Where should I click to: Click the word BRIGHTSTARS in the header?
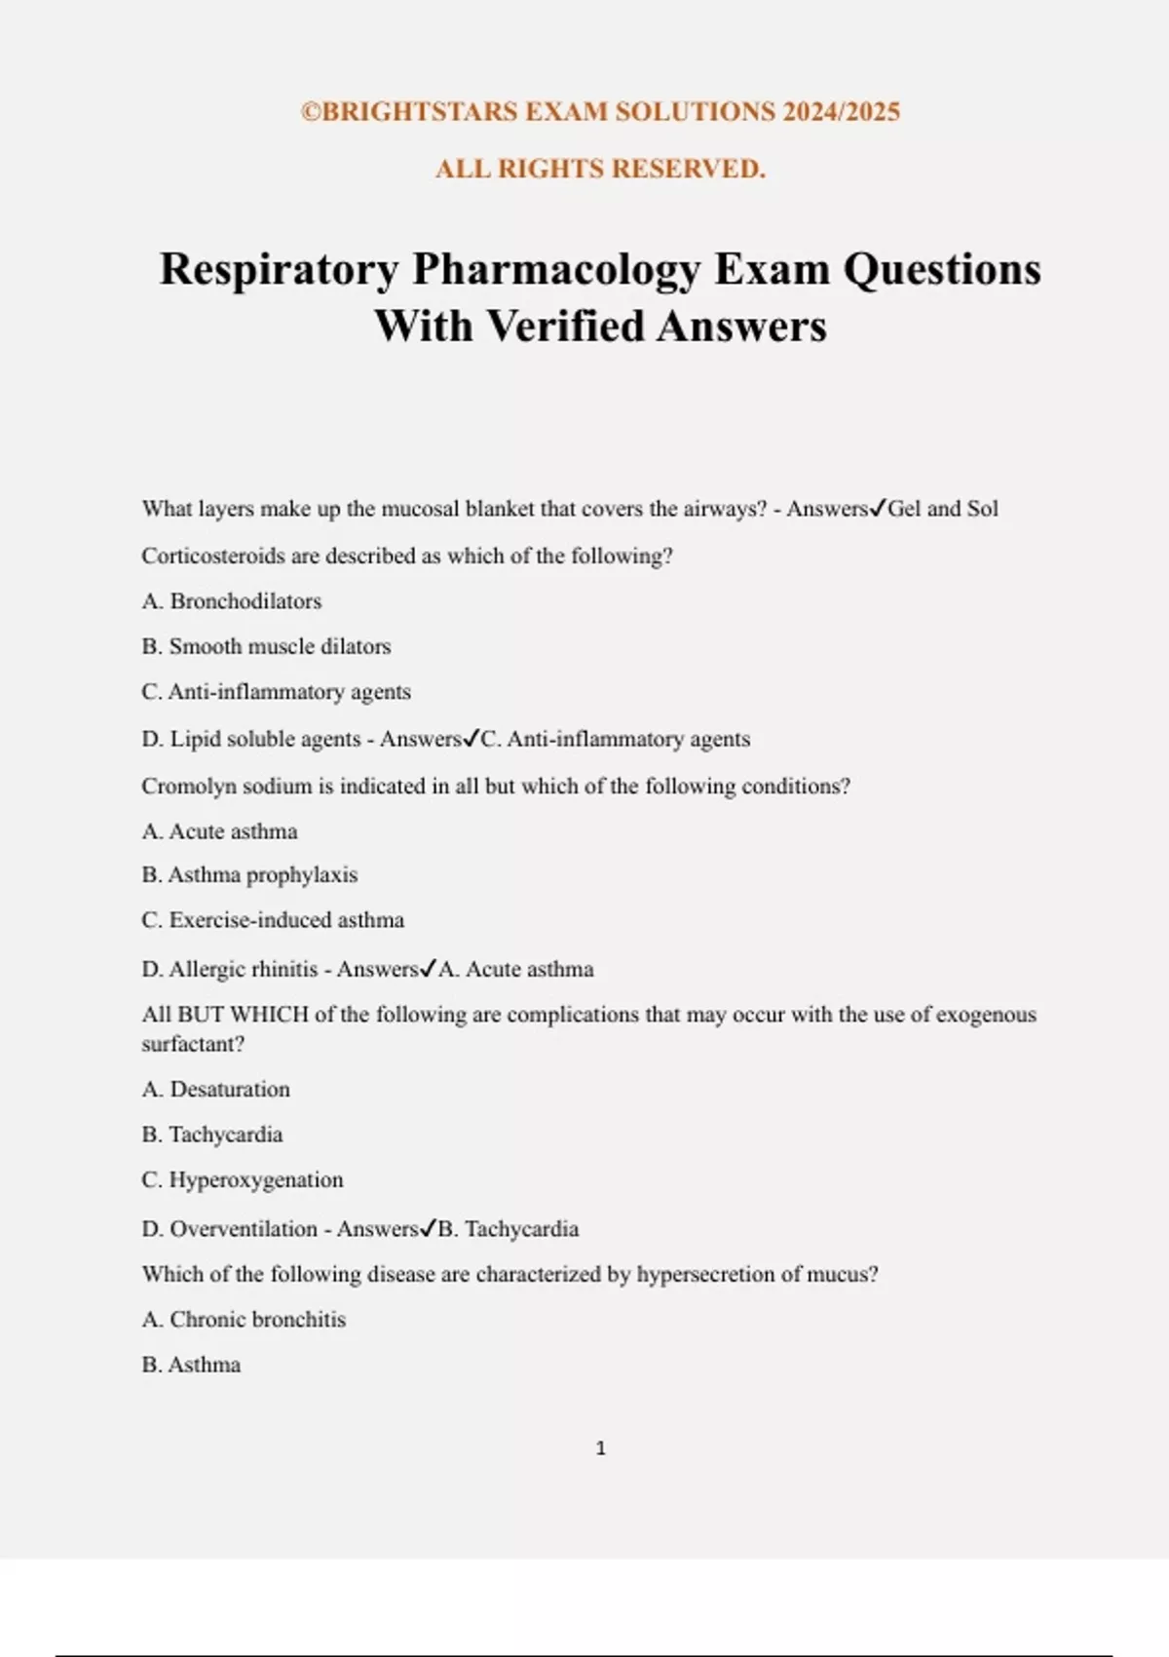(x=420, y=112)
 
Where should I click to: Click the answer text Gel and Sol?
(x=943, y=509)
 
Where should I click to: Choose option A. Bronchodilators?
(x=232, y=601)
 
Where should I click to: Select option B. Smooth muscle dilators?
(x=266, y=646)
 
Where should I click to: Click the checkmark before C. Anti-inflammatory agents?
(x=471, y=739)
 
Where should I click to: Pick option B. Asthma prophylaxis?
(x=249, y=875)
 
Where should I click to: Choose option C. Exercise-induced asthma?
(x=273, y=920)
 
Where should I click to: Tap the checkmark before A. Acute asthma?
(x=429, y=969)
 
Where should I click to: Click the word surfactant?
(x=192, y=1044)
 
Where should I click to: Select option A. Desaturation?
(x=215, y=1090)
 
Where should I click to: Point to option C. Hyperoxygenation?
(x=243, y=1180)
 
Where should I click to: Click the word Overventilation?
(x=244, y=1229)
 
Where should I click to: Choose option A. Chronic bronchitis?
(x=244, y=1320)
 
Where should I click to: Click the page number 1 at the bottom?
(x=600, y=1448)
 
